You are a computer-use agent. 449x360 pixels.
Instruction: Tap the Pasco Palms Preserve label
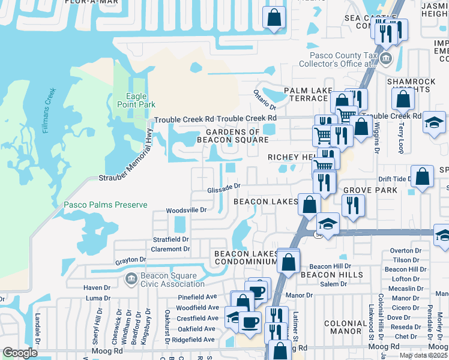click(106, 205)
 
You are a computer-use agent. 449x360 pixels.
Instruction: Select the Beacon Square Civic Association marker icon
click(131, 278)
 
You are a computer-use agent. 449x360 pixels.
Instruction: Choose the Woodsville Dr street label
click(185, 211)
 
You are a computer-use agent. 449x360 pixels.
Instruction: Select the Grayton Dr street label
click(131, 260)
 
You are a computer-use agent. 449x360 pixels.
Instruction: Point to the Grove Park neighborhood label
click(370, 190)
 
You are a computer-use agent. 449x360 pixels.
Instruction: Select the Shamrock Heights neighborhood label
click(408, 85)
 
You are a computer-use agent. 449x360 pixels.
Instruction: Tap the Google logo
click(20, 353)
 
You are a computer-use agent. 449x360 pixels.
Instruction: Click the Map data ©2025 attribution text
click(423, 355)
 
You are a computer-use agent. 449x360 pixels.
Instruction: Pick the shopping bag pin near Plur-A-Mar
click(274, 19)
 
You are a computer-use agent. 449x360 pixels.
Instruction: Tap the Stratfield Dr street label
click(171, 239)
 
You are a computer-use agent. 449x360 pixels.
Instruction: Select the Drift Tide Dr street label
click(394, 179)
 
